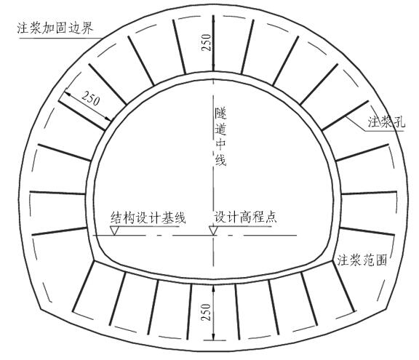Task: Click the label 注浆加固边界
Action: coord(55,28)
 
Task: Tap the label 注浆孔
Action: coord(386,122)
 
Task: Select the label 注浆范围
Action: coord(362,260)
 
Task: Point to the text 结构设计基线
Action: coord(148,217)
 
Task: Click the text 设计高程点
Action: coord(245,217)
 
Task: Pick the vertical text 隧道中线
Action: coord(220,137)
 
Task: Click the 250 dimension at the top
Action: coord(207,42)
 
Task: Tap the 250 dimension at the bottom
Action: coord(207,312)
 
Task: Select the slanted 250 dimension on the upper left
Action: coord(91,98)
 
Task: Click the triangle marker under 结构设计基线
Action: coord(115,231)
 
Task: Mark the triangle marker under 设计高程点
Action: coord(213,231)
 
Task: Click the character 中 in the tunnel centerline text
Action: coord(220,144)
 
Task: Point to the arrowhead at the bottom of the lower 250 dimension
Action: coord(213,336)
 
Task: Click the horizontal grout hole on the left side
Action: coord(57,193)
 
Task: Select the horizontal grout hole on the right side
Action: coord(369,193)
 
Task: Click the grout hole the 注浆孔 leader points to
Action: coord(345,116)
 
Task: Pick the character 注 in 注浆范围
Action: coord(343,260)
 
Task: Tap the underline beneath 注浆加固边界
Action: coord(60,39)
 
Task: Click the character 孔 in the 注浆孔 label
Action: coord(399,122)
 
